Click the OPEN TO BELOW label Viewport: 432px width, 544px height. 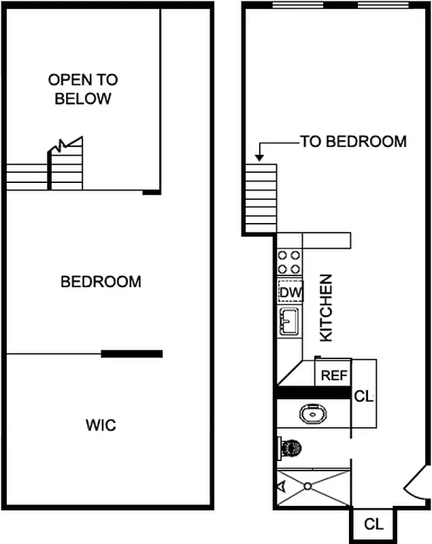point(82,89)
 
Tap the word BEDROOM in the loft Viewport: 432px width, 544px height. point(101,282)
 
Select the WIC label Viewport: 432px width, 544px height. point(101,426)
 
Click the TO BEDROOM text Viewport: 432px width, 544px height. point(353,142)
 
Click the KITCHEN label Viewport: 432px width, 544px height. point(327,307)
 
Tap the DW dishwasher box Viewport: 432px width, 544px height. point(290,292)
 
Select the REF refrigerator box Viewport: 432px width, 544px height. point(334,375)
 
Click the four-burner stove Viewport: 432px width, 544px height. point(290,262)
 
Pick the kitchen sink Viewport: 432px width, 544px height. point(289,320)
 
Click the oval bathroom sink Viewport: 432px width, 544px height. point(313,413)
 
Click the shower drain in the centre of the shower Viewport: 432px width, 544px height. point(308,486)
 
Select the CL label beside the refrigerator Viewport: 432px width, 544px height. point(364,396)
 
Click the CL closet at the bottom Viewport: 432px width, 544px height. point(373,524)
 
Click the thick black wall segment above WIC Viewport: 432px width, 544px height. point(132,354)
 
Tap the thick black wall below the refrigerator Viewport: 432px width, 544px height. point(314,393)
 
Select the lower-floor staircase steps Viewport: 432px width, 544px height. point(260,197)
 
